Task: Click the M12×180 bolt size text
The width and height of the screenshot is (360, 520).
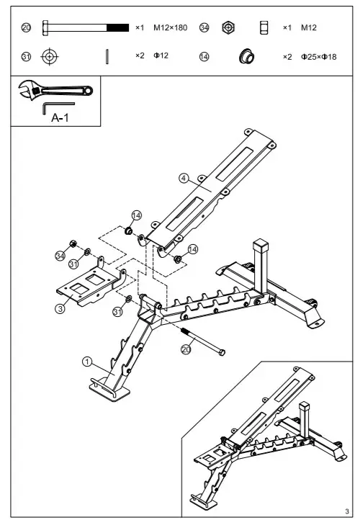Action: pos(171,27)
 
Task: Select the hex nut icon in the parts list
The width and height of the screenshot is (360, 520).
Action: pos(228,27)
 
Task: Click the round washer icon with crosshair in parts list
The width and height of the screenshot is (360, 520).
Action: pos(49,56)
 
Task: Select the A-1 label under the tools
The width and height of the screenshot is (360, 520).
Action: pos(60,120)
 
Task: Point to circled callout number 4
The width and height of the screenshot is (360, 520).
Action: pos(184,177)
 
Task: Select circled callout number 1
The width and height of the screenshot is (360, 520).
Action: pos(86,362)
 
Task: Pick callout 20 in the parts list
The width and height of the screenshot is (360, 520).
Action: pos(27,27)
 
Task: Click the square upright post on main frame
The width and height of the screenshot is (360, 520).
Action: pos(261,264)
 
